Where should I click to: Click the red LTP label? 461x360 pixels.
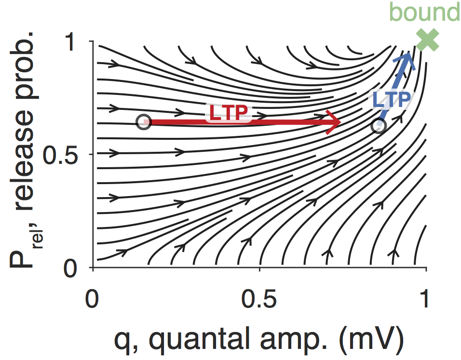(x=229, y=112)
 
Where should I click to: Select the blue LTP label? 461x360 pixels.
(x=392, y=100)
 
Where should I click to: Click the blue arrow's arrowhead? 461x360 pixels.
(x=408, y=57)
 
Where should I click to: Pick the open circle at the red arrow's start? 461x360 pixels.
(x=143, y=122)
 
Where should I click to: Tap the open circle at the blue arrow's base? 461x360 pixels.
(x=379, y=126)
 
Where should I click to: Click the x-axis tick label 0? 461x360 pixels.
(x=92, y=300)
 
